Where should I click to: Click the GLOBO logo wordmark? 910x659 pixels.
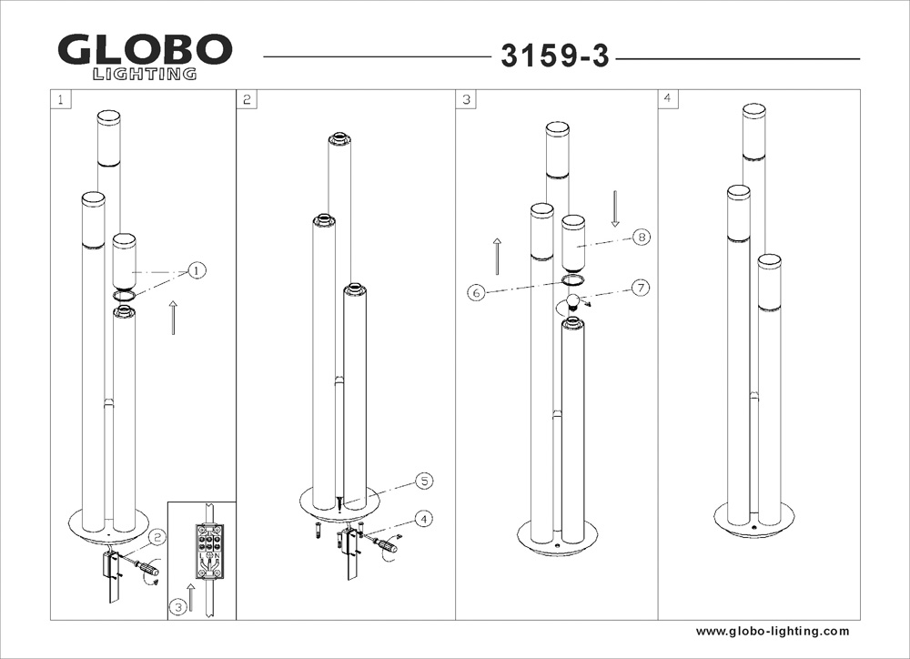click(145, 50)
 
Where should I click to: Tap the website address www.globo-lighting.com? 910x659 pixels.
click(773, 631)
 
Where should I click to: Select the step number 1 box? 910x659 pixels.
click(61, 99)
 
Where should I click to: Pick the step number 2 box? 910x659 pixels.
click(247, 99)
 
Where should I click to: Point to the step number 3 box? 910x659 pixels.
click(466, 99)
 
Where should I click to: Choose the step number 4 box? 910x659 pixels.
click(668, 98)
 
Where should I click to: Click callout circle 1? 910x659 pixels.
click(197, 270)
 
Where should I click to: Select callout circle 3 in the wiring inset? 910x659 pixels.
click(178, 607)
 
